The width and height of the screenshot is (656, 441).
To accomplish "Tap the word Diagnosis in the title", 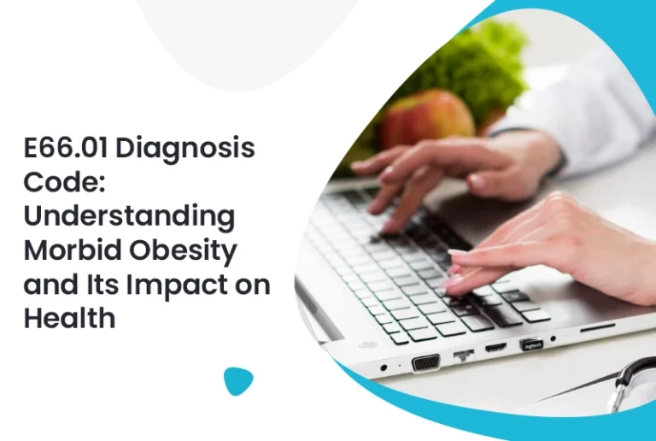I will [x=184, y=148].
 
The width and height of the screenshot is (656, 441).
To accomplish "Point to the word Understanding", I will [x=128, y=216].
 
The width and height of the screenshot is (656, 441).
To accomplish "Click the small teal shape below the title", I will [x=238, y=380].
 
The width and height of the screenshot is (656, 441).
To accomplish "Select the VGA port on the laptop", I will [x=425, y=362].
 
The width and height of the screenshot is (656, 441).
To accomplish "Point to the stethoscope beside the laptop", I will [x=633, y=376].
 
